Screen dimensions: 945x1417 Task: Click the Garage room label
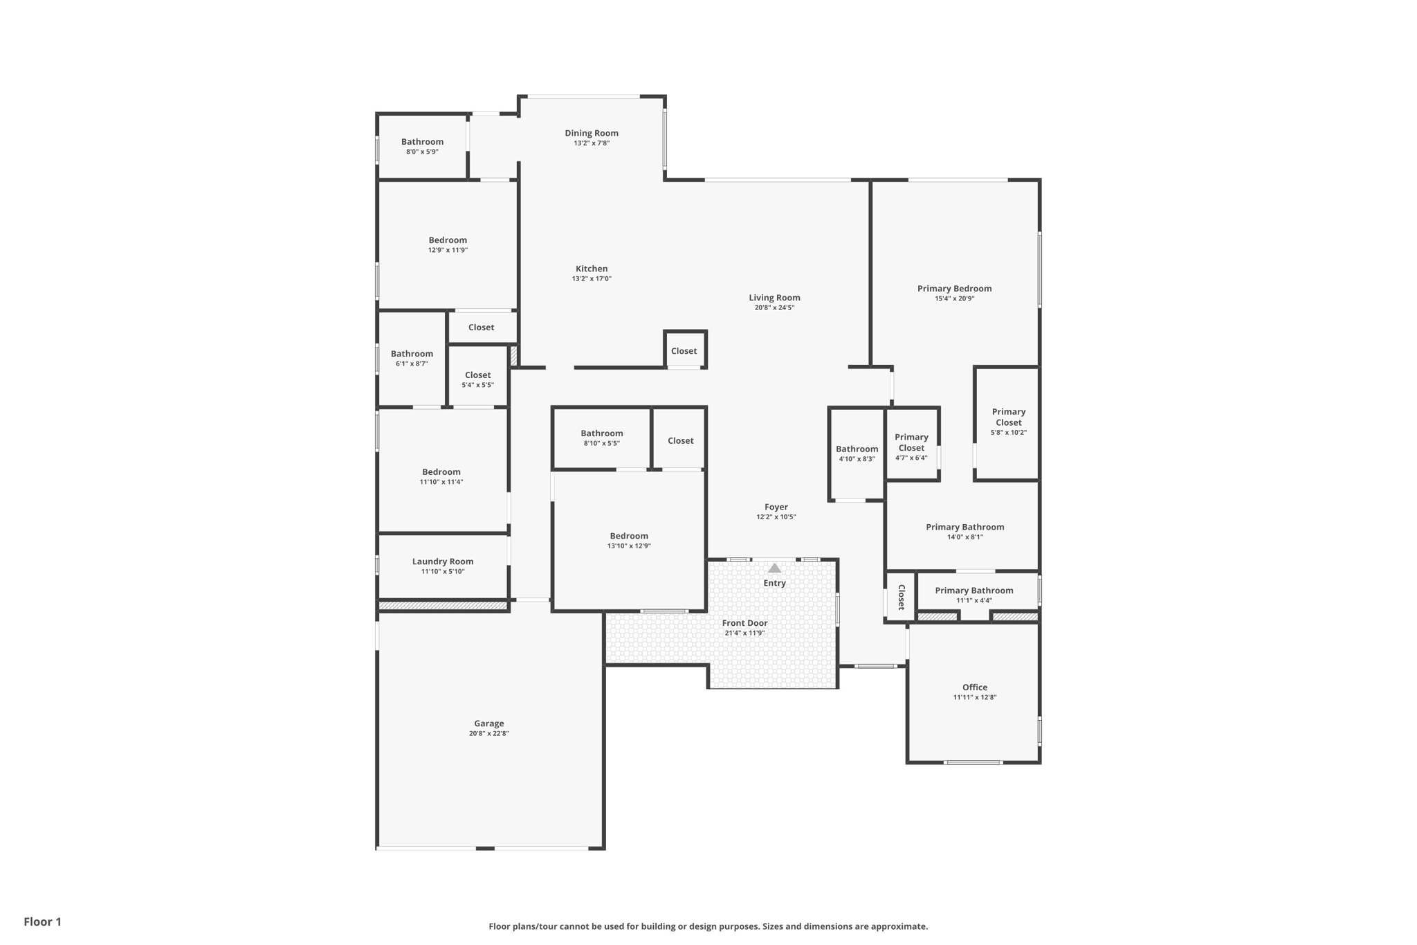click(488, 723)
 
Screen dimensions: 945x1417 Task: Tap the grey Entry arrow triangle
click(774, 568)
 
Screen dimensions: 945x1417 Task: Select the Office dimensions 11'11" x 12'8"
click(974, 697)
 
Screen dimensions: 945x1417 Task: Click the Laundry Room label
click(443, 561)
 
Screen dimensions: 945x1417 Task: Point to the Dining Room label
click(591, 133)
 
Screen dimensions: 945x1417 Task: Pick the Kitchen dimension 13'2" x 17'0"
click(591, 279)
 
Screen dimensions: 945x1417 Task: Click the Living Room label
click(774, 298)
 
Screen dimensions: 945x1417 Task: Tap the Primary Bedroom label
click(954, 289)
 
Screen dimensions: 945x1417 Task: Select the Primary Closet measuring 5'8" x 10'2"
click(1008, 421)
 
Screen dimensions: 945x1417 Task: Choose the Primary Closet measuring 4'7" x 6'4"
click(911, 447)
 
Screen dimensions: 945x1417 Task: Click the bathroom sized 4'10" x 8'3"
click(857, 453)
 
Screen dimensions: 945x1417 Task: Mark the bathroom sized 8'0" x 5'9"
click(422, 145)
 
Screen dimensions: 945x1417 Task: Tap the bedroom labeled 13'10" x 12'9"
click(629, 540)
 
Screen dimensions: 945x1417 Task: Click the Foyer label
click(776, 507)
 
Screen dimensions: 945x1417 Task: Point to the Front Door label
click(744, 623)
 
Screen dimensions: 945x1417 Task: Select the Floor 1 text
click(42, 921)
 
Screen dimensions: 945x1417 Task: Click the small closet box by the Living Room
click(684, 350)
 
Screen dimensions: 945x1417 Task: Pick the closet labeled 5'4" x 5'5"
click(477, 379)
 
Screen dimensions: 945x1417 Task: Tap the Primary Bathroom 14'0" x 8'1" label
click(965, 531)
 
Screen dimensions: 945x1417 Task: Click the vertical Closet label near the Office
click(901, 597)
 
